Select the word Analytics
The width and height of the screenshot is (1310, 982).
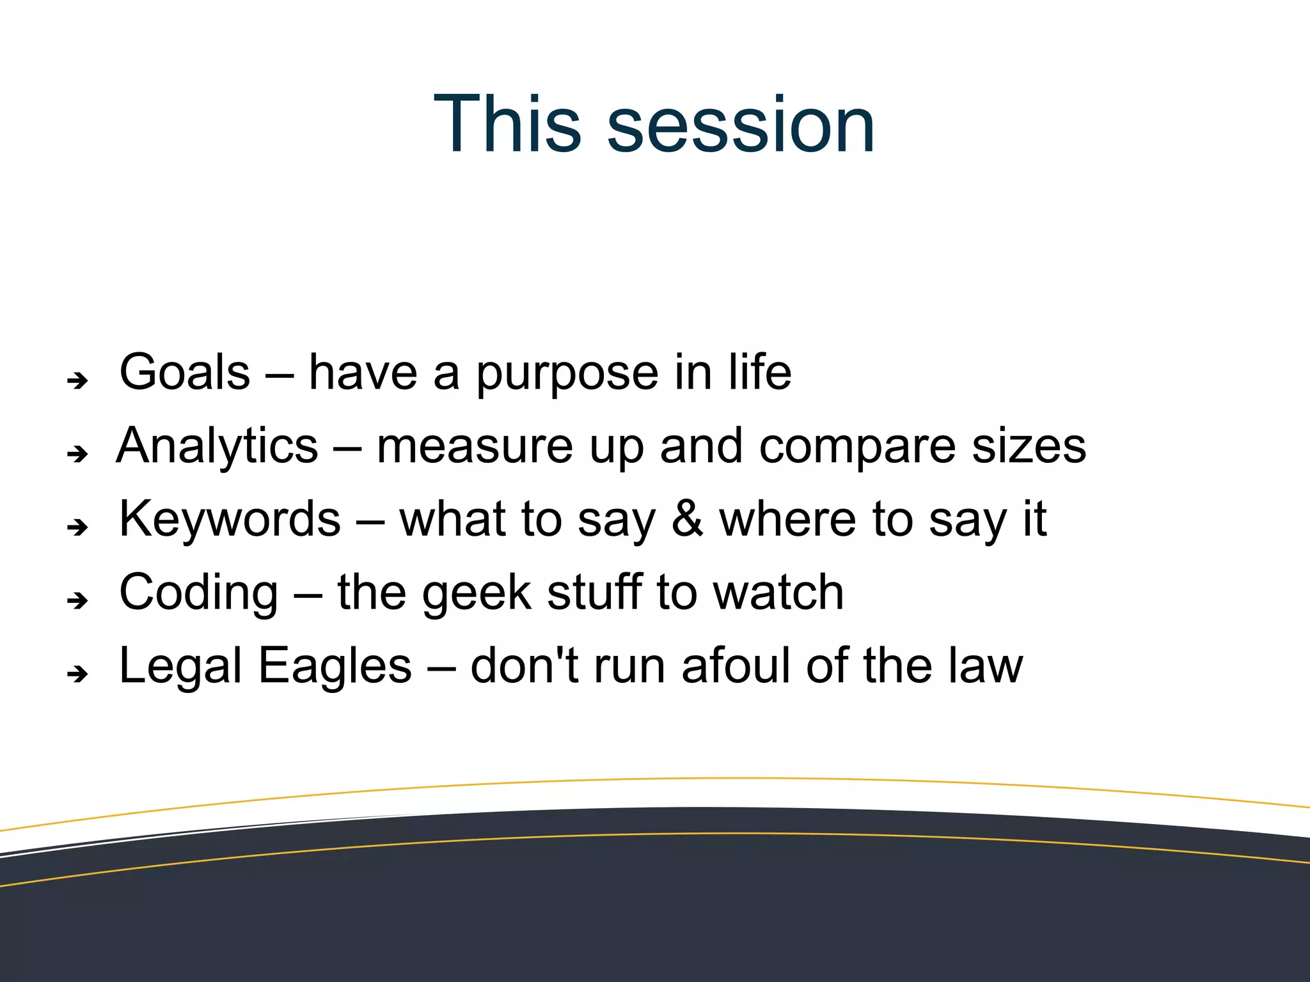click(x=217, y=446)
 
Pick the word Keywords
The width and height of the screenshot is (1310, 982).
click(x=230, y=519)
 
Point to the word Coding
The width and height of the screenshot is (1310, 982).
click(x=199, y=593)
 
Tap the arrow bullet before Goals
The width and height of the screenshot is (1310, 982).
click(x=78, y=381)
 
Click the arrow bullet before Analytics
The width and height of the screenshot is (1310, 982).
click(x=78, y=454)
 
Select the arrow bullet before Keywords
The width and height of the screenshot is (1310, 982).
click(x=78, y=527)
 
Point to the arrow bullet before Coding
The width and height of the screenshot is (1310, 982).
click(x=78, y=600)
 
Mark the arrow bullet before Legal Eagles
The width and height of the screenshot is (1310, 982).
click(x=78, y=673)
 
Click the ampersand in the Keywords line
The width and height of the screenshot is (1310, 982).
click(x=688, y=519)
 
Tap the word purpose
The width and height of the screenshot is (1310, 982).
click(x=567, y=375)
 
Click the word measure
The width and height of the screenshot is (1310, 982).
click(x=474, y=447)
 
